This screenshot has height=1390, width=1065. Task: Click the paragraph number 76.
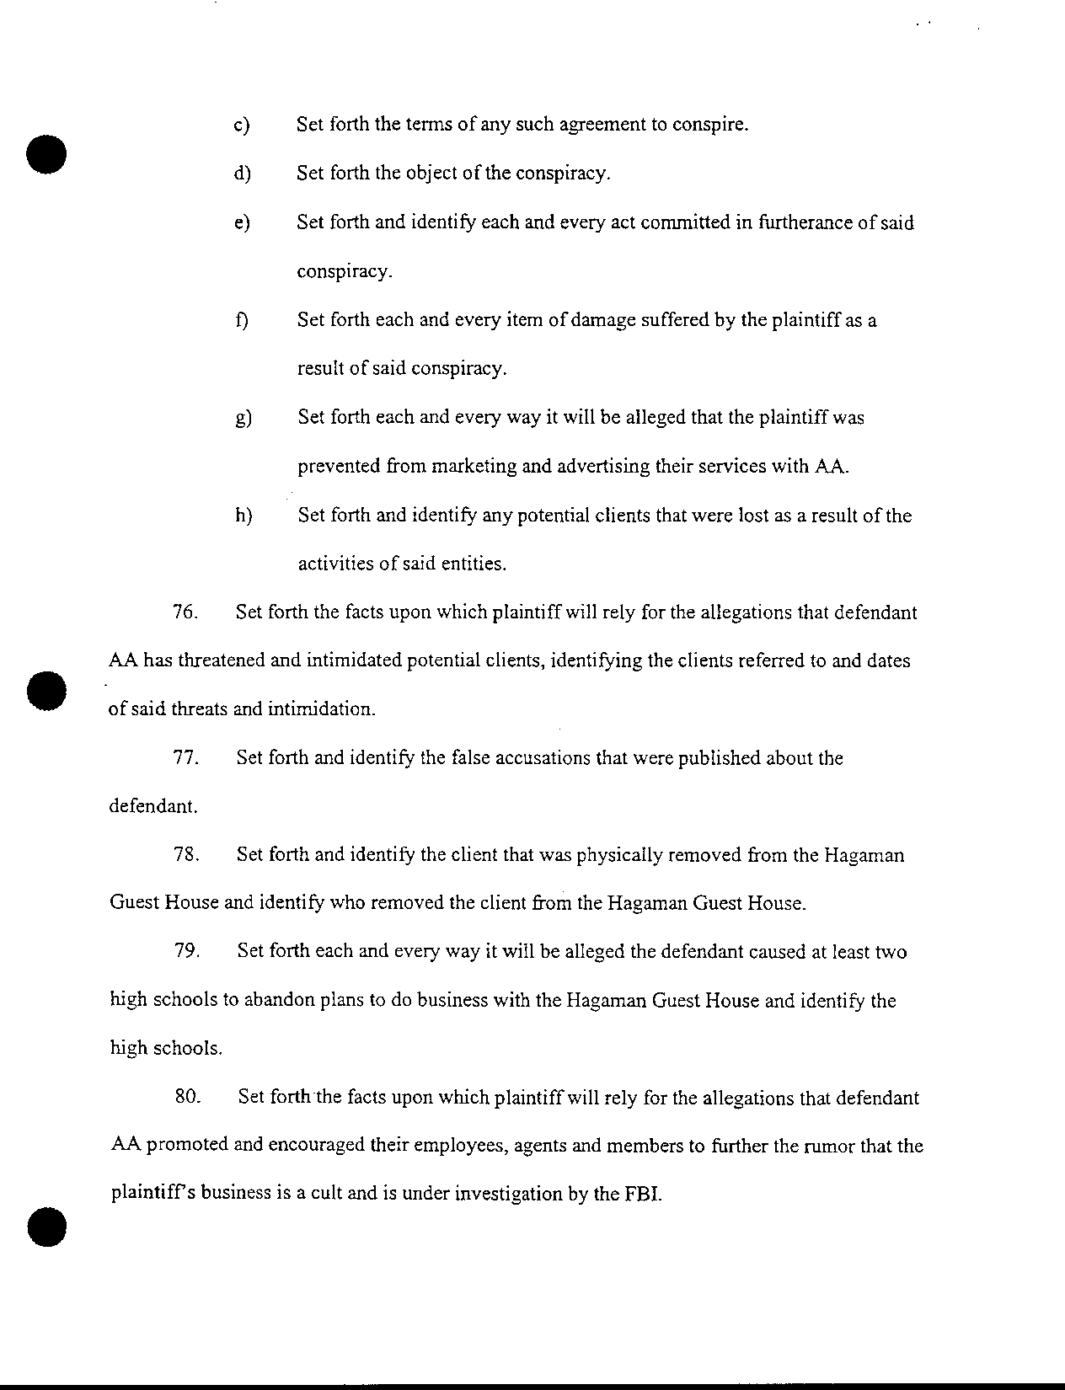(x=185, y=612)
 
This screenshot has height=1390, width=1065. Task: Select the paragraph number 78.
(x=185, y=855)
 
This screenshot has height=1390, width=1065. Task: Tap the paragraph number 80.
(x=186, y=1098)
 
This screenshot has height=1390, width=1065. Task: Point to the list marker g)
(x=244, y=419)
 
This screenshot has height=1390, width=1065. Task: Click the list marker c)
(x=243, y=126)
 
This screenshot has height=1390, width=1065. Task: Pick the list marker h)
(x=244, y=516)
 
